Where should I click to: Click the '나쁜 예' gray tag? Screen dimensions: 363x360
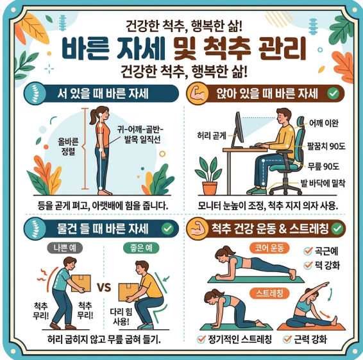pyautogui.click(x=65, y=248)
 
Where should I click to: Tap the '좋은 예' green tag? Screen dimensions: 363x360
pyautogui.click(x=141, y=248)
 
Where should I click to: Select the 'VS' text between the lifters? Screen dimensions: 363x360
pyautogui.click(x=104, y=287)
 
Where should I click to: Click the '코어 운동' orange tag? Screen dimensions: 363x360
pyautogui.click(x=269, y=248)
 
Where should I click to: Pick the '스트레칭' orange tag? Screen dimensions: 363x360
pyautogui.click(x=269, y=294)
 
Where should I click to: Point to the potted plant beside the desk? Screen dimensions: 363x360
pyautogui.click(x=209, y=176)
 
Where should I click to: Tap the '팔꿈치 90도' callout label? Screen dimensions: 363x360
pyautogui.click(x=326, y=146)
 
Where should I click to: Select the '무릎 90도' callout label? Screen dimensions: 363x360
pyautogui.click(x=323, y=166)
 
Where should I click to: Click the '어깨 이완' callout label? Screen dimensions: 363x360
pyautogui.click(x=324, y=123)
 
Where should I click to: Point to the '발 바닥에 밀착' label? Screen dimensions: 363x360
pyautogui.click(x=323, y=184)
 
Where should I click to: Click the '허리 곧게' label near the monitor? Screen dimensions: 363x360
pyautogui.click(x=212, y=135)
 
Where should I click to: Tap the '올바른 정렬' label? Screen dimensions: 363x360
pyautogui.click(x=68, y=146)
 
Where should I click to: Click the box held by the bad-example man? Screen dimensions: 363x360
pyautogui.click(x=81, y=283)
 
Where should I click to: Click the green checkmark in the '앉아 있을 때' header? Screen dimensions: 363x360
pyautogui.click(x=333, y=94)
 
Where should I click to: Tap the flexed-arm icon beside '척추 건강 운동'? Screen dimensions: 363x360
pyautogui.click(x=197, y=229)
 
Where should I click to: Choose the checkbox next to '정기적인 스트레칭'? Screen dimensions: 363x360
pyautogui.click(x=201, y=339)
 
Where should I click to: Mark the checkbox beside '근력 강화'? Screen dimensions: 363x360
pyautogui.click(x=287, y=339)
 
